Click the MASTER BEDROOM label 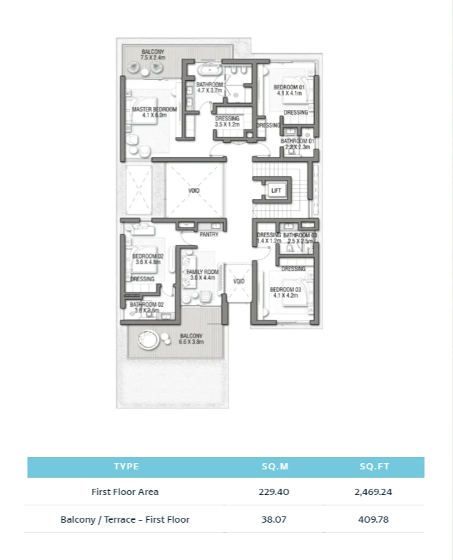pos(154,109)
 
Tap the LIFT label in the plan pos(276,190)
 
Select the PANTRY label pos(209,234)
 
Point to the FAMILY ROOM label pos(202,272)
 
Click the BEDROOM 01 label pos(290,88)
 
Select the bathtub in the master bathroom pos(208,71)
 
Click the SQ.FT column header pos(375,467)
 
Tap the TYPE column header pos(126,467)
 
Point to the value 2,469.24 pos(375,492)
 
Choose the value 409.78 pos(375,519)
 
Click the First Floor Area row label pos(125,492)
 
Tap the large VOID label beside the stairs pos(194,190)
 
